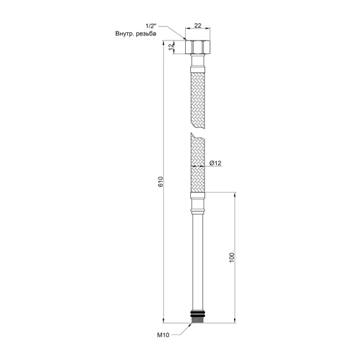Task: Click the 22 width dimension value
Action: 197,26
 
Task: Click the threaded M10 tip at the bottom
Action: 197,319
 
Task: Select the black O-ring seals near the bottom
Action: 197,314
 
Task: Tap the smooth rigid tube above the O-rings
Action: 197,264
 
